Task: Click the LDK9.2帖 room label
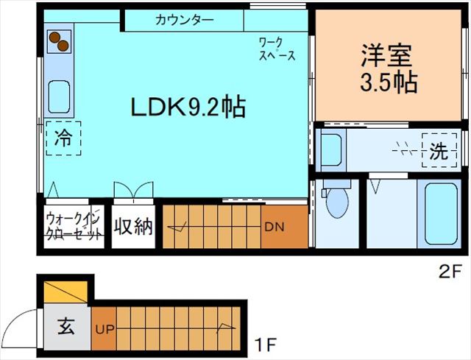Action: click(x=188, y=107)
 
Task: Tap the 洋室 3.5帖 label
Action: click(x=388, y=68)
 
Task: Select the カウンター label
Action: click(x=184, y=20)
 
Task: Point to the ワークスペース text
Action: click(x=277, y=49)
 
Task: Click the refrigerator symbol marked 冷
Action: click(x=64, y=138)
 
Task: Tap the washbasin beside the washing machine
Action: click(x=332, y=151)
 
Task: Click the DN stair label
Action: click(x=274, y=227)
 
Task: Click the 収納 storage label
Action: click(x=133, y=227)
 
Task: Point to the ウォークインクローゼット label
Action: click(x=74, y=227)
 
